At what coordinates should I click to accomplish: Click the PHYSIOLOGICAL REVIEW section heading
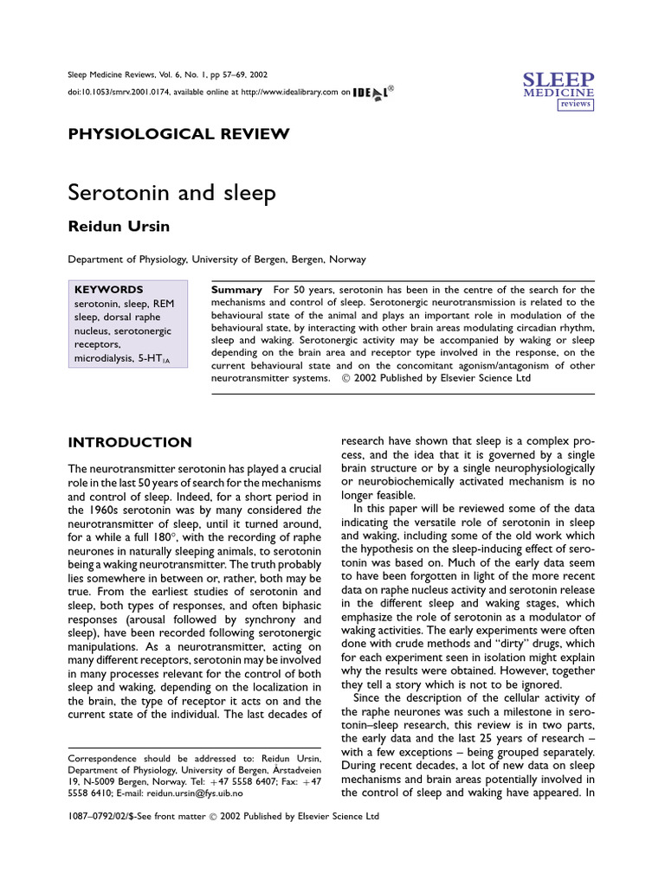178,133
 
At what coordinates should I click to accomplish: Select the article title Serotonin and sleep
171,192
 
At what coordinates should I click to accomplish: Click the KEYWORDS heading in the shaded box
109,289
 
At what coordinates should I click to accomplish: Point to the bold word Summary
236,289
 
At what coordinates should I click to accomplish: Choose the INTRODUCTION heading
130,442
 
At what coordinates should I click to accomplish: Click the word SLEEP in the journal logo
558,80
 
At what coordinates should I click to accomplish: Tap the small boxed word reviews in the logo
575,103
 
